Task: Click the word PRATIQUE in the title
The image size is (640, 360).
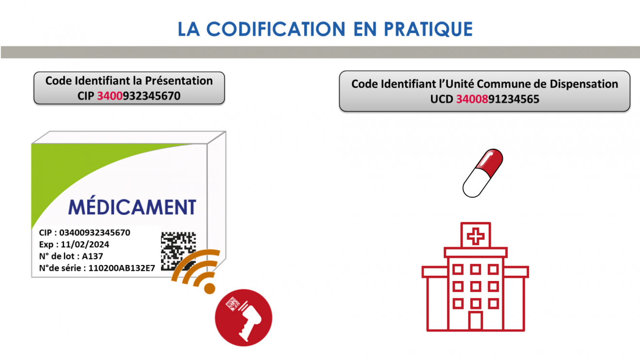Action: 428,29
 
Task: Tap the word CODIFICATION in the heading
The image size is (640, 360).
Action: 276,29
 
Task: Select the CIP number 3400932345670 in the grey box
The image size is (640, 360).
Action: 139,96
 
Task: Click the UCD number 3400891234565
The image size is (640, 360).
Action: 498,99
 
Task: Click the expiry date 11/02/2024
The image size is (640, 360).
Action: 85,244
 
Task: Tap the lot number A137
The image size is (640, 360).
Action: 92,256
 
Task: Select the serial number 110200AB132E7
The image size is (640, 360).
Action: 122,268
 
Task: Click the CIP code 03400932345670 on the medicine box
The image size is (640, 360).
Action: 95,233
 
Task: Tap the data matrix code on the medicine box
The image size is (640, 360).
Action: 178,250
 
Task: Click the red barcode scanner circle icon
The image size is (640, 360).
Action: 243,318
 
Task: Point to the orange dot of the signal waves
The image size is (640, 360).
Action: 209,288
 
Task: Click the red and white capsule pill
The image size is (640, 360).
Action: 482,173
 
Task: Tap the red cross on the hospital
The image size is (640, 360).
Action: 476,236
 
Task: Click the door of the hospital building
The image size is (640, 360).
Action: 476,321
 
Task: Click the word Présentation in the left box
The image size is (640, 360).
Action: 179,81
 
